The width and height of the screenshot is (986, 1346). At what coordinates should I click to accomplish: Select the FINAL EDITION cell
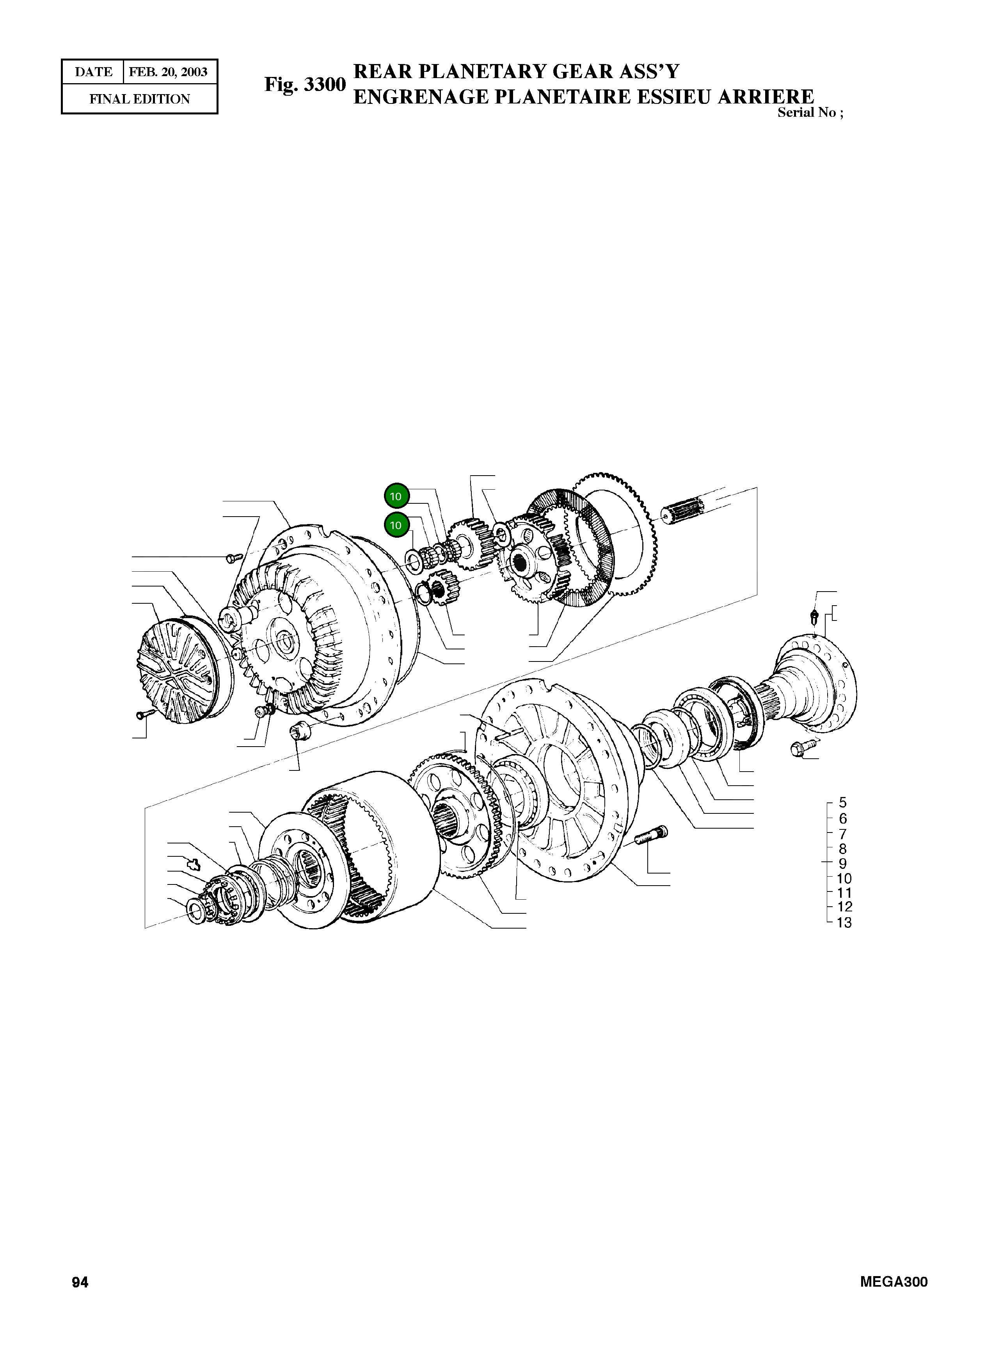tap(140, 99)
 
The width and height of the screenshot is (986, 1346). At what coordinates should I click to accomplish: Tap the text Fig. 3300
tap(305, 84)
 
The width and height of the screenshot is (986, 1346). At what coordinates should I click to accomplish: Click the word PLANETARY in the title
tap(481, 72)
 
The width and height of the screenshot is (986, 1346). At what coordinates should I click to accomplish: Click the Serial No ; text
tap(810, 113)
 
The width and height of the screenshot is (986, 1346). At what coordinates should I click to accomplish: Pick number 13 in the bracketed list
tap(844, 923)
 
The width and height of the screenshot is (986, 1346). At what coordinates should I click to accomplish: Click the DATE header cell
tap(93, 72)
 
